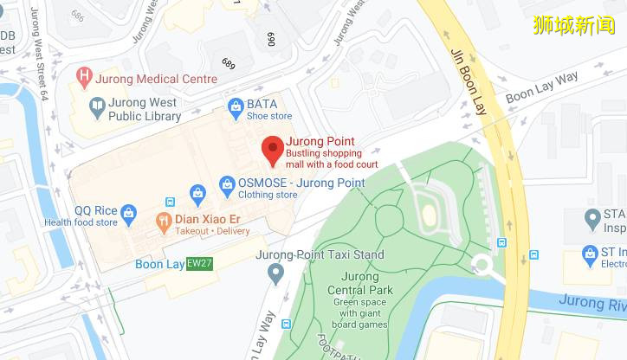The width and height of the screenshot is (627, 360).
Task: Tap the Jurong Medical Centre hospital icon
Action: tap(84, 78)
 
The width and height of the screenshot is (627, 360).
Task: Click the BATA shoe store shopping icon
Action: tap(235, 108)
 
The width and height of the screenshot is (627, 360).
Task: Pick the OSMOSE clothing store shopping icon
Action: tap(227, 183)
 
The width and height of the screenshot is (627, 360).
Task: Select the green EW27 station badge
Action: tap(199, 263)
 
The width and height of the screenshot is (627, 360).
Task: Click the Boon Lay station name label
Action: tap(159, 264)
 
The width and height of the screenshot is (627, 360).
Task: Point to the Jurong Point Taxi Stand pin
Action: tap(276, 274)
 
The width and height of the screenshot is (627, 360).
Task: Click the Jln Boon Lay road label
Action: tap(468, 81)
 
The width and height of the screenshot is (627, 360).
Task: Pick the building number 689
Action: tap(229, 64)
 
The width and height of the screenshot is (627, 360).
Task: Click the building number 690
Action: tap(270, 39)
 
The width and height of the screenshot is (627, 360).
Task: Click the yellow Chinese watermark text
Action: tap(573, 24)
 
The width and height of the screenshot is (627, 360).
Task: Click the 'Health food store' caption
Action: tap(81, 222)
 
